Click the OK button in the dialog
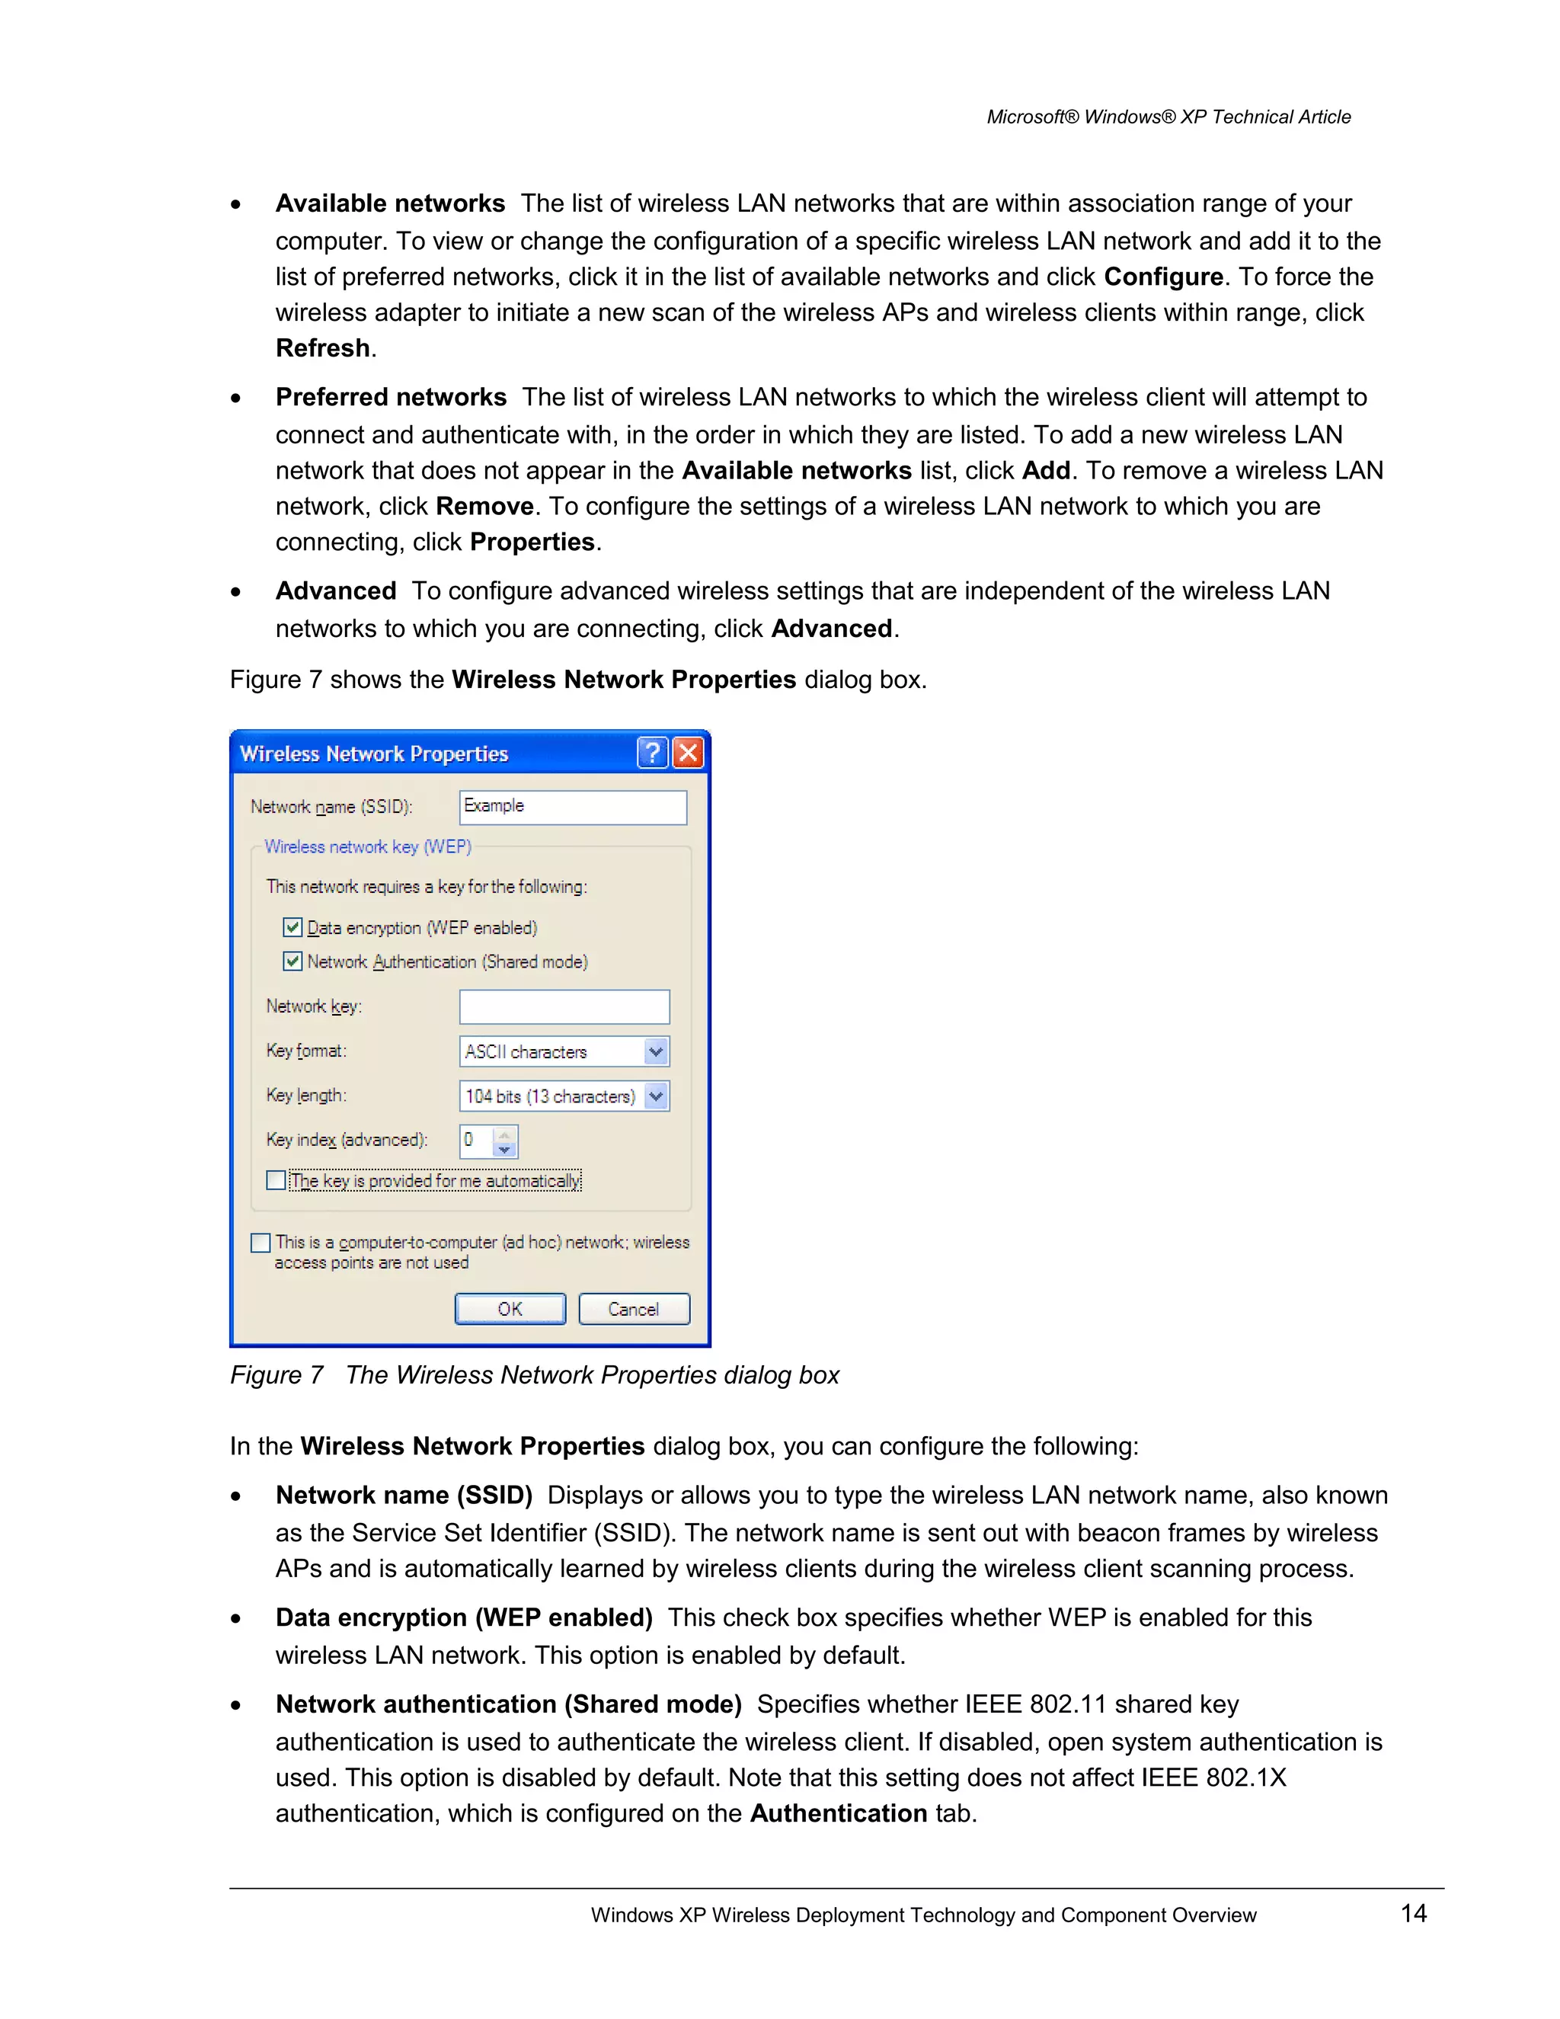coord(510,1309)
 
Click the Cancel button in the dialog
coord(634,1309)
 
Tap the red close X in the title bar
coord(688,753)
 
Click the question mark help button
coord(653,753)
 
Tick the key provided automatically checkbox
coord(276,1180)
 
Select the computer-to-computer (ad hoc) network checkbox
coord(261,1243)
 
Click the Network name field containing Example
coord(573,806)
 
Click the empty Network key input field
coord(564,1006)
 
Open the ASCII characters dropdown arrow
coord(656,1052)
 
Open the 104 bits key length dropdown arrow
coord(656,1096)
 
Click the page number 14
coord(1413,1912)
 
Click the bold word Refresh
coord(322,348)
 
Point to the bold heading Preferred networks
coord(391,398)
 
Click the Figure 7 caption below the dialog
coord(534,1375)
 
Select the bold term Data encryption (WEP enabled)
coord(464,1617)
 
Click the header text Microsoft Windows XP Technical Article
coord(1168,117)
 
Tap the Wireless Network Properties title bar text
coord(374,754)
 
